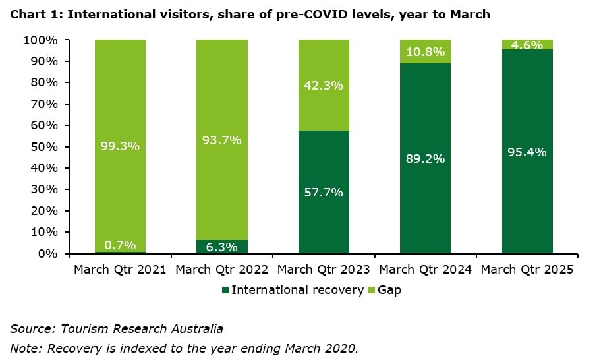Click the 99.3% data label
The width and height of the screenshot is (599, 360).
[x=120, y=146]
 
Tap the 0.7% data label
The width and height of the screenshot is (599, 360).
[x=120, y=245]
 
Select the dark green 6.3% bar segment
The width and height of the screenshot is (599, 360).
[x=222, y=247]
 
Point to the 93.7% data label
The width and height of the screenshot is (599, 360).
[x=222, y=140]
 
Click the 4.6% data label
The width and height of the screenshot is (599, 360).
[x=527, y=45]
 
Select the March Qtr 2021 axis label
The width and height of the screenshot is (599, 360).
[x=119, y=269]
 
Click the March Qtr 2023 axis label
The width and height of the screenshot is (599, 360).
[x=324, y=269]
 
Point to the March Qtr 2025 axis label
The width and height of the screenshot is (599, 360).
[x=527, y=269]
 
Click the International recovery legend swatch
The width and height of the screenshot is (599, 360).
[x=225, y=290]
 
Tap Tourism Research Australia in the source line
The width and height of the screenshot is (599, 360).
[x=142, y=328]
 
